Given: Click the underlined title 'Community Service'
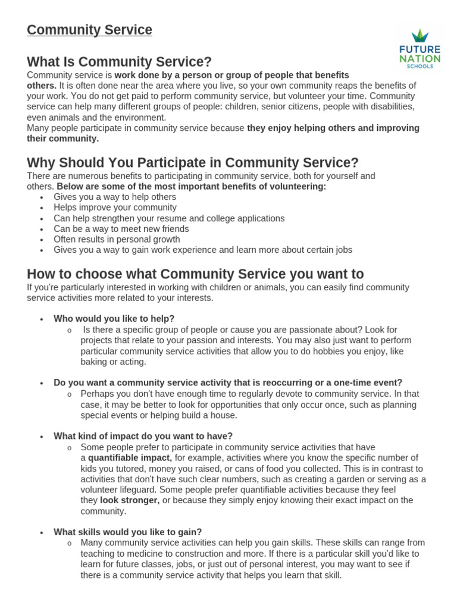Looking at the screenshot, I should (89, 30).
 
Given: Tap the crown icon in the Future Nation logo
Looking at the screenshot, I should (420, 36).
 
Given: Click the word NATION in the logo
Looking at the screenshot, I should (420, 58).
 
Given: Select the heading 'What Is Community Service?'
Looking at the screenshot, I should (119, 62).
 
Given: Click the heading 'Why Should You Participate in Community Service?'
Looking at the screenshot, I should (193, 162).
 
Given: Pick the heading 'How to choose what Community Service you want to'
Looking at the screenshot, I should (195, 274).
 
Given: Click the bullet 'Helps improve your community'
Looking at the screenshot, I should (115, 208).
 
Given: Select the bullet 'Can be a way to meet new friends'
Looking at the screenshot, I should (121, 229).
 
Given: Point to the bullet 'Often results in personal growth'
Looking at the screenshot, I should (117, 240).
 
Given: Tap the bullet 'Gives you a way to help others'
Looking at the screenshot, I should (115, 197).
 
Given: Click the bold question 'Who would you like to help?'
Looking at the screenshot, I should (114, 319).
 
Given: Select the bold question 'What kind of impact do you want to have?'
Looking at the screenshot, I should (143, 436).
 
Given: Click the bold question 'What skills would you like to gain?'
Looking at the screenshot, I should (127, 532).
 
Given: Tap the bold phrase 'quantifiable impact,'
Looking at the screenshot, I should (130, 458).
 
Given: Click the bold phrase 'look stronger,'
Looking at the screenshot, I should (129, 500).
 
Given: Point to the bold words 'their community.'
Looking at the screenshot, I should (62, 139).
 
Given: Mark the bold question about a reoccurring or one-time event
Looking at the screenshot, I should (228, 382).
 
